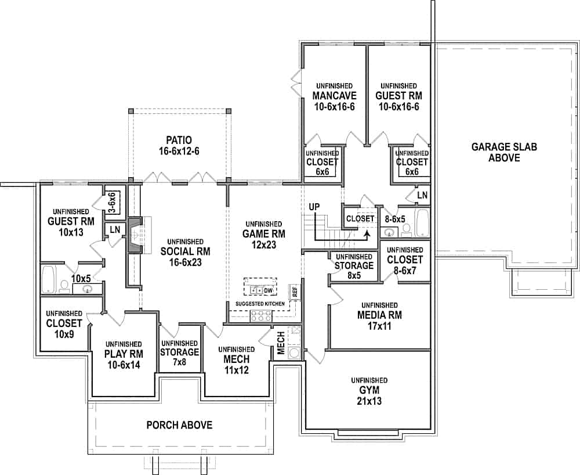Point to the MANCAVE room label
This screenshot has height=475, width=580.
coord(333,96)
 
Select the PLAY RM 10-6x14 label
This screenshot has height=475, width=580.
coord(124,355)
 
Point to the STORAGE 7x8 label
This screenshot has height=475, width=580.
coord(179,352)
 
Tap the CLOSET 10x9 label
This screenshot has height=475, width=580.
coord(64,323)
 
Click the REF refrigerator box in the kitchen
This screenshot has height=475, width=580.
coord(295,292)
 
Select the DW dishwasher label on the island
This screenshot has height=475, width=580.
coord(268,290)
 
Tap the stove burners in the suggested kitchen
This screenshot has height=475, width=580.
coord(260,316)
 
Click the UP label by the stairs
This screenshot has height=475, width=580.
coord(315,207)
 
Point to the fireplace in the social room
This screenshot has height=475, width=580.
coord(134,235)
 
